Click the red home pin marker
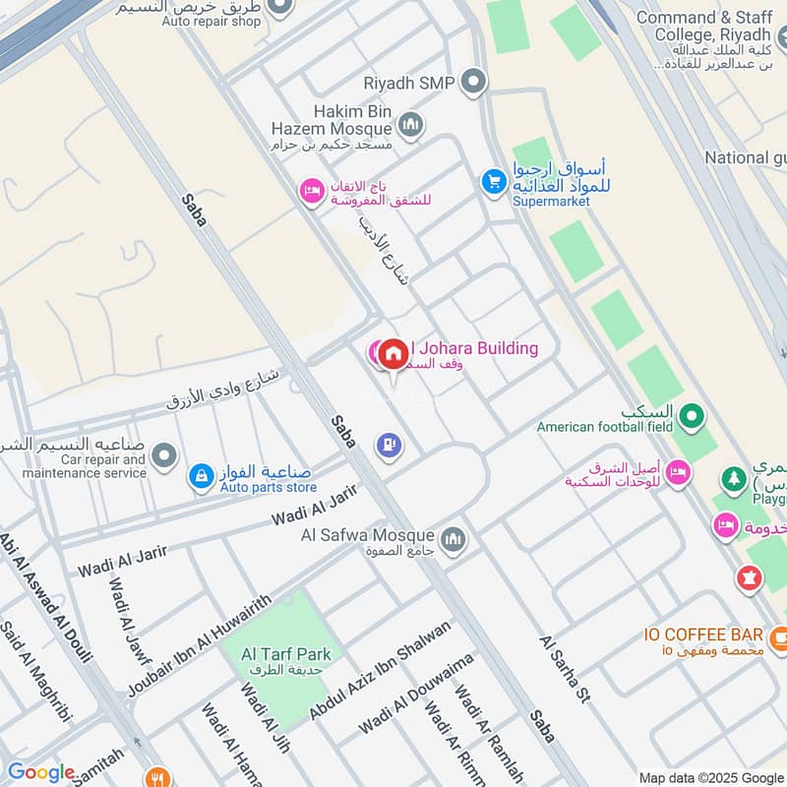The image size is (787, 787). [393, 354]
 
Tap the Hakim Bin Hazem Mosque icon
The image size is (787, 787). [410, 125]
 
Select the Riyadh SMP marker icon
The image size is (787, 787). [474, 82]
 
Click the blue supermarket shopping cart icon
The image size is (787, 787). [492, 182]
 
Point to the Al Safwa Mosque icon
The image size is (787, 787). [453, 538]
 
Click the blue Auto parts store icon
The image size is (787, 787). [201, 477]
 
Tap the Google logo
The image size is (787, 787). [41, 772]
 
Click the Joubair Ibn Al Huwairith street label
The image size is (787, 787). [199, 646]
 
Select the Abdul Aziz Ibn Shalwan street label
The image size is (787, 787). [381, 669]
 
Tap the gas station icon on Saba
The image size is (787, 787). [390, 446]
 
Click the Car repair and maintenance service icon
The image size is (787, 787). [164, 455]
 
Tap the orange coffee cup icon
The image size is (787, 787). [779, 637]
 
